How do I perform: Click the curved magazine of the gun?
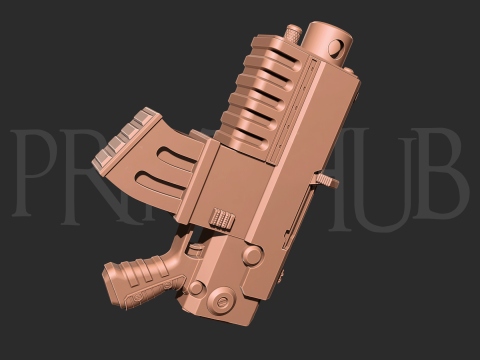tap(150, 165)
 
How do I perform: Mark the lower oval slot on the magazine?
tap(166, 186)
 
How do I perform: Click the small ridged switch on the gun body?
tap(222, 216)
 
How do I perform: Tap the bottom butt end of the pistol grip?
tap(112, 274)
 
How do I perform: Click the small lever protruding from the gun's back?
tap(322, 177)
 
